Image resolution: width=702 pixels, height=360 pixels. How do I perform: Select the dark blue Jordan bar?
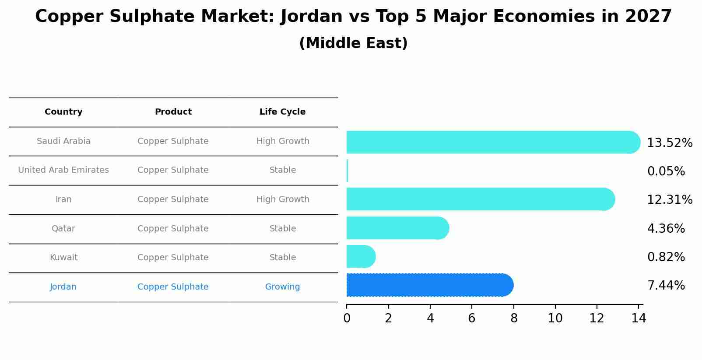[x=429, y=285]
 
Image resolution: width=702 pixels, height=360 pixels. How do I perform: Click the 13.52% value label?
[x=669, y=143]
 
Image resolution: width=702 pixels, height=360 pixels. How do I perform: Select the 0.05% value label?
[x=666, y=171]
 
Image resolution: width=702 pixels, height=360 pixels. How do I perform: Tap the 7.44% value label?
[x=666, y=286]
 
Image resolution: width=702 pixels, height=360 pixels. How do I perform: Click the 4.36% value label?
[x=666, y=229]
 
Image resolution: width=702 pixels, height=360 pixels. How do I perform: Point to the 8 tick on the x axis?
[x=514, y=318]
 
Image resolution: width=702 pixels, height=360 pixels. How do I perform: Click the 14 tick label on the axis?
[x=639, y=318]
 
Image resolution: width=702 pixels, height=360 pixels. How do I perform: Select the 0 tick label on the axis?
[x=347, y=318]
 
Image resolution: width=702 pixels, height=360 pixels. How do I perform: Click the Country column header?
[x=63, y=112]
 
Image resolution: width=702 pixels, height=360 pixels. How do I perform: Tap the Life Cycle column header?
[x=282, y=112]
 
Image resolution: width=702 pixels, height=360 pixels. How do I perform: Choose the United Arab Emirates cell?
[x=63, y=170]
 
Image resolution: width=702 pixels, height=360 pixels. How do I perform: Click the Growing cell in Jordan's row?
[x=282, y=287]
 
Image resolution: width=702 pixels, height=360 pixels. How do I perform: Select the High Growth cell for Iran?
[x=282, y=199]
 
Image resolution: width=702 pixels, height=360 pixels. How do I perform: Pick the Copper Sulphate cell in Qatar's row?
[x=173, y=229]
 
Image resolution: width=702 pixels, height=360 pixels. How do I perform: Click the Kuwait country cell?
[x=63, y=258]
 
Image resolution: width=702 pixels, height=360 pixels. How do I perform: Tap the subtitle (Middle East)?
[x=353, y=43]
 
